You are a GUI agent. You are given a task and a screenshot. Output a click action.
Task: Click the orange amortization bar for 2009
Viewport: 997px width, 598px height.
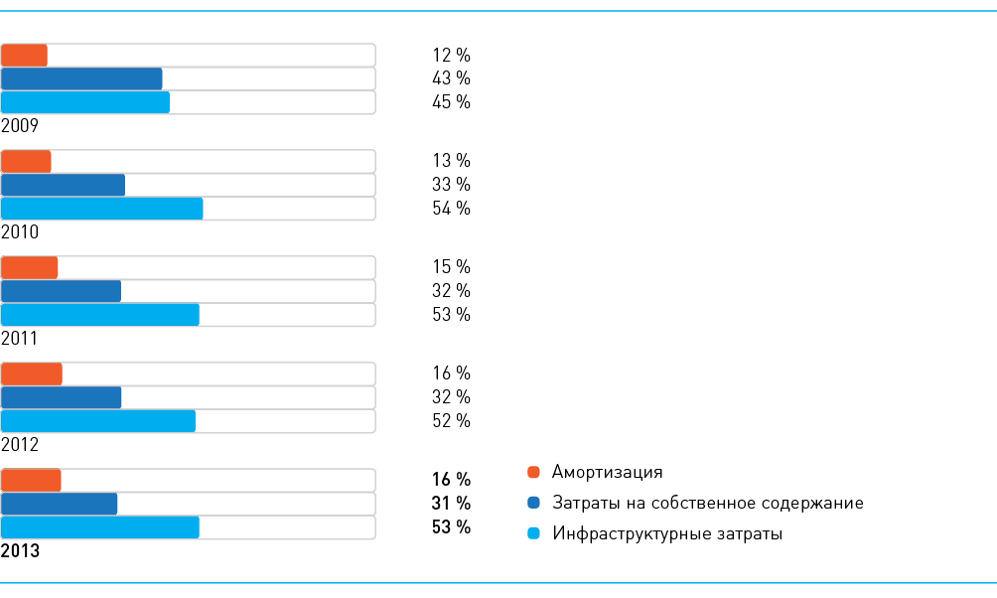(x=25, y=56)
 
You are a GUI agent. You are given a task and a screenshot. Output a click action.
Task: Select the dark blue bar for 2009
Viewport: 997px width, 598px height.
(x=81, y=79)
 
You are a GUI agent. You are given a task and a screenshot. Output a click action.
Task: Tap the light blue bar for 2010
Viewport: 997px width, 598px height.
(x=102, y=209)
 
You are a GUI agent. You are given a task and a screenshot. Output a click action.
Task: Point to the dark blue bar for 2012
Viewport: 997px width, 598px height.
(x=62, y=397)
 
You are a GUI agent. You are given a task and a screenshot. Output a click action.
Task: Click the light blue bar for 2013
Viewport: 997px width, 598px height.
(x=100, y=527)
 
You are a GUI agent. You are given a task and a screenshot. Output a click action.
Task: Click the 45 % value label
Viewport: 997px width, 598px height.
(x=451, y=102)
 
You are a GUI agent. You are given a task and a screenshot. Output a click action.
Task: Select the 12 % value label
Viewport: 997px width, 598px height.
(x=451, y=55)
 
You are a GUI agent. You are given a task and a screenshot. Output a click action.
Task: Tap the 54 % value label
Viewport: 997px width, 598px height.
(x=451, y=209)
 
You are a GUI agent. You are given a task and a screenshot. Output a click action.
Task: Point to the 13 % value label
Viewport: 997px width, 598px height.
(x=451, y=161)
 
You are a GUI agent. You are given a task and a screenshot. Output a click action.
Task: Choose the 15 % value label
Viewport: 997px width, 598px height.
(x=451, y=267)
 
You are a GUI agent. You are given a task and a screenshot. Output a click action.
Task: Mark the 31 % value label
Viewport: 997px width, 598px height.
(x=451, y=504)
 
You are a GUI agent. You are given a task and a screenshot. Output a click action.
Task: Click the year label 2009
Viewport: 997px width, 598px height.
(x=19, y=126)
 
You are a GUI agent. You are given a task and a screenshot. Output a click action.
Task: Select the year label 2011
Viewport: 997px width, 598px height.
(x=19, y=339)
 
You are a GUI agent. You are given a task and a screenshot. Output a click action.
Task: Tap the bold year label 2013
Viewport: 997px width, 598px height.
(x=21, y=551)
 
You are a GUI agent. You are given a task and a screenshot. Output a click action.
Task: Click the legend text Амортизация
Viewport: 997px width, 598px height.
(x=607, y=472)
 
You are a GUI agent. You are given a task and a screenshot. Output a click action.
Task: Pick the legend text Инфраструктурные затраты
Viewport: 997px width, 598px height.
(x=667, y=534)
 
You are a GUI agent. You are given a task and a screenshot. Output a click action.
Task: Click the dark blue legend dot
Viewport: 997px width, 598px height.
(x=533, y=504)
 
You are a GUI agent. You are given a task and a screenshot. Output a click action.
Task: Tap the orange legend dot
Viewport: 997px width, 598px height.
(x=533, y=472)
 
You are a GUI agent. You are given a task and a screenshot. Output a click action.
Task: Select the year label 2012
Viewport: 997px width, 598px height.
(x=19, y=445)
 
